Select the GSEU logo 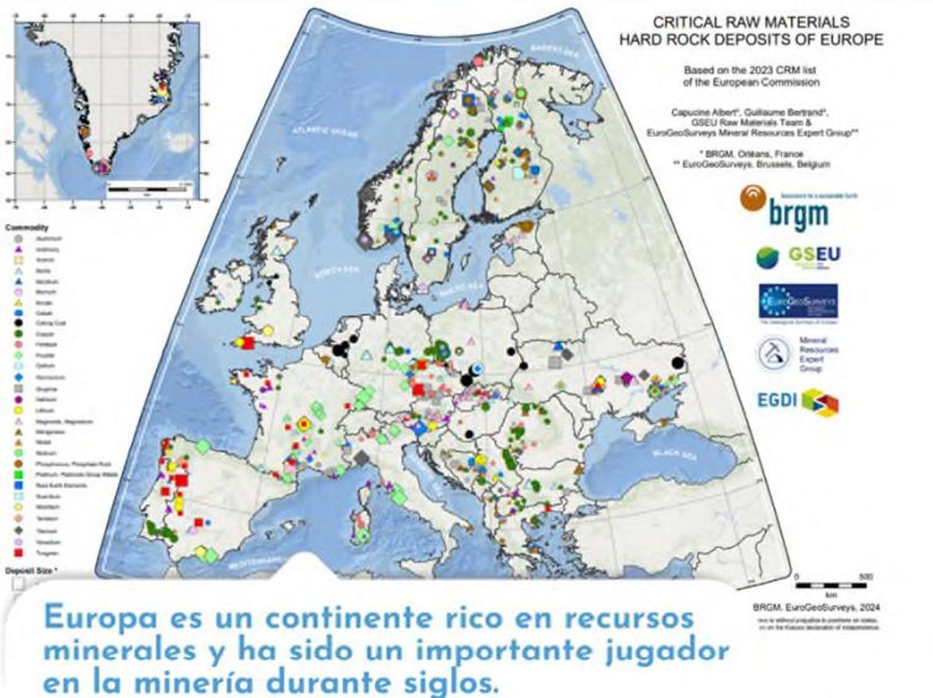point(798,257)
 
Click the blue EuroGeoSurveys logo point(798,302)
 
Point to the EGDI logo point(798,401)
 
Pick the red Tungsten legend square point(16,553)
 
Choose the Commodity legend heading point(21,228)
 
